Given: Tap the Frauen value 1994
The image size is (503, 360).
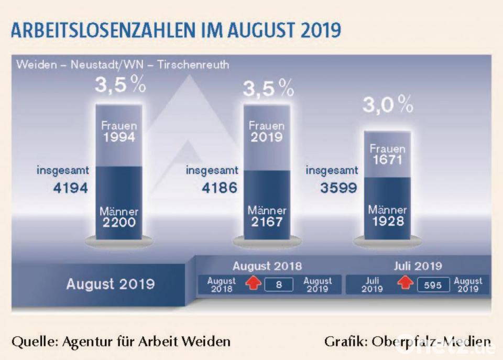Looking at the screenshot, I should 118,137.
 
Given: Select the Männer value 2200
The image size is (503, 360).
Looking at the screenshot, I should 118,222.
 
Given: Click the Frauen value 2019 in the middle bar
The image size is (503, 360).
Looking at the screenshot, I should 266,137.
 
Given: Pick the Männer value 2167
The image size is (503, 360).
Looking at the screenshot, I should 266,222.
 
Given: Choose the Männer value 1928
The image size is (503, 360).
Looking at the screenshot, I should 388,221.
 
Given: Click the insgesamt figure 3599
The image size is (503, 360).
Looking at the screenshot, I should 338,187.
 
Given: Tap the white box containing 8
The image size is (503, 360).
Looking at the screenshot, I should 279,285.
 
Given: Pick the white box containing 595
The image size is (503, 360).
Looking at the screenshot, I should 433,285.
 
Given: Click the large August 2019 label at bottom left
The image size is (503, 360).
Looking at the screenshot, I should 110,284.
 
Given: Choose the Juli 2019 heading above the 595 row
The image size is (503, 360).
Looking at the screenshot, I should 418,266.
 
